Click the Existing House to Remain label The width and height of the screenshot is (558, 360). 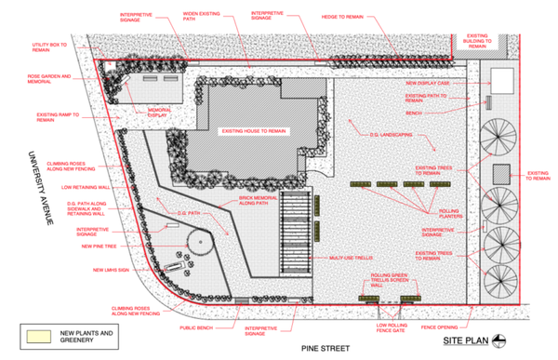[x=252, y=131]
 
